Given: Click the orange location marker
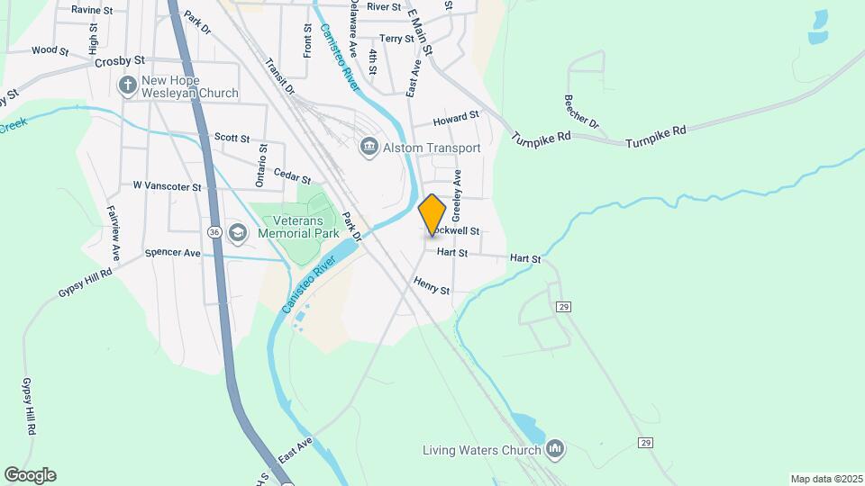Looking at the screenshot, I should tap(432, 214).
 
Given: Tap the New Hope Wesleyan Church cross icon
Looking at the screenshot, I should tap(127, 86).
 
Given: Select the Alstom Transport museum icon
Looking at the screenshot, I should tap(369, 147).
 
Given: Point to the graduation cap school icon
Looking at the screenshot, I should tap(237, 233).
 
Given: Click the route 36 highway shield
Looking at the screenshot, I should tap(214, 232).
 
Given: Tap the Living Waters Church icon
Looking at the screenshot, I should tap(554, 448).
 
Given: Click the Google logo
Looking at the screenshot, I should tap(30, 474).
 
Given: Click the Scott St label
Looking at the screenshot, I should tap(232, 138).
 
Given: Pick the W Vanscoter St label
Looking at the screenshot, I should tap(167, 186).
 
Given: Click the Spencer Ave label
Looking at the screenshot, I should tap(172, 254).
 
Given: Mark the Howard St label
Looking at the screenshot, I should tap(455, 119).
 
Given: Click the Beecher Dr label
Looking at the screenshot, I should tap(581, 111).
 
